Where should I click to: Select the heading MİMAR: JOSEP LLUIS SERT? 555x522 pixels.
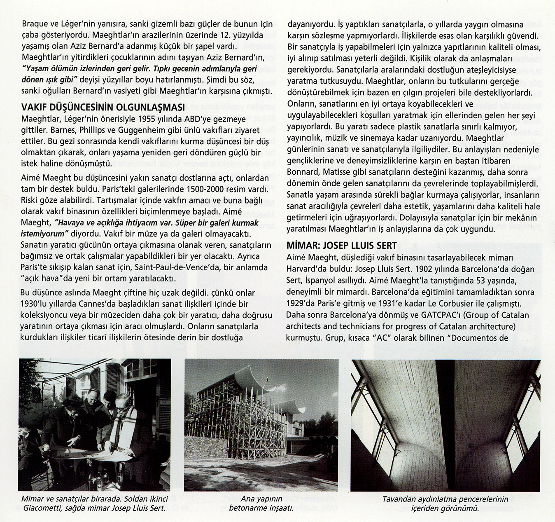(341, 246)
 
